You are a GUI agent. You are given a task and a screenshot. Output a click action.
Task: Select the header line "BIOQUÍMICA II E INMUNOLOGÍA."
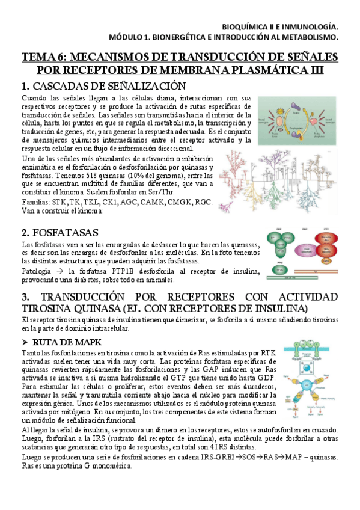[x=280, y=26]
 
